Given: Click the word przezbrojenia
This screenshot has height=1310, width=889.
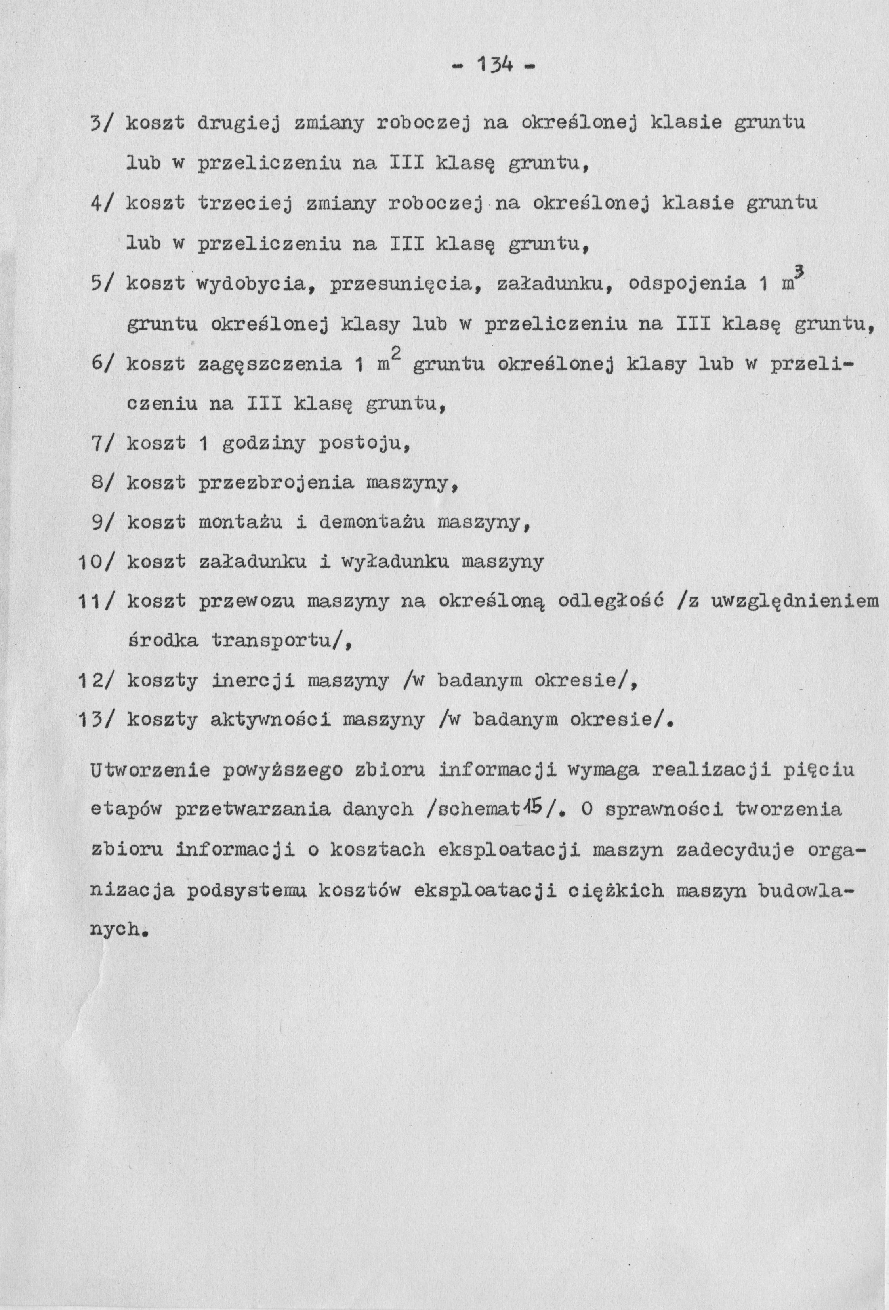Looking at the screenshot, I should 276,484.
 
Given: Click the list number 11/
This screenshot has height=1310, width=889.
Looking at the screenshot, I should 96,602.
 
